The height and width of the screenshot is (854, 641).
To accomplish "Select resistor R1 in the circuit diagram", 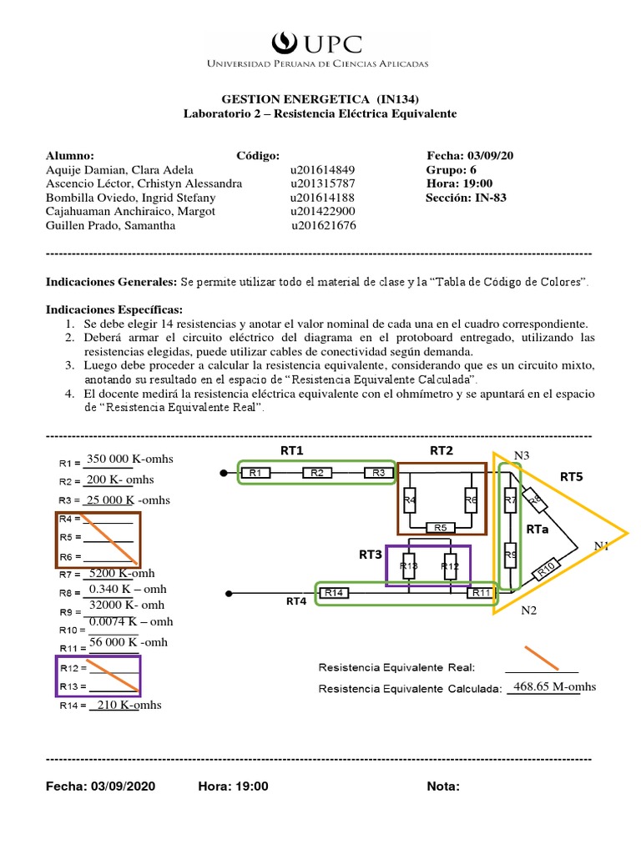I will click(x=255, y=473).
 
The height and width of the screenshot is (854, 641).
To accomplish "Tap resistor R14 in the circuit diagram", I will click(x=333, y=593).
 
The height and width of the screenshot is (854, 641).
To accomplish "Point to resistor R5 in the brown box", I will click(x=442, y=527).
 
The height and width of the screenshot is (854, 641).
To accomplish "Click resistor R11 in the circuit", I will click(x=482, y=593).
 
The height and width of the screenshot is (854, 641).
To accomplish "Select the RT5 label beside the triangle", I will click(x=572, y=477).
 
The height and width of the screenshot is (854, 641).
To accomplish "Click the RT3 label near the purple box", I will click(x=370, y=554).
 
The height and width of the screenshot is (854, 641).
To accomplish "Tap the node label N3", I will click(x=522, y=455).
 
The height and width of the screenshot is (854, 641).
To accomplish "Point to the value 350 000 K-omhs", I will click(x=129, y=459).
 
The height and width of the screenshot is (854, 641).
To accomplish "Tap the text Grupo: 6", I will click(x=451, y=169).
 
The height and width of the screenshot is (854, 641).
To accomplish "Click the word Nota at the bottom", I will click(x=443, y=786).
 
